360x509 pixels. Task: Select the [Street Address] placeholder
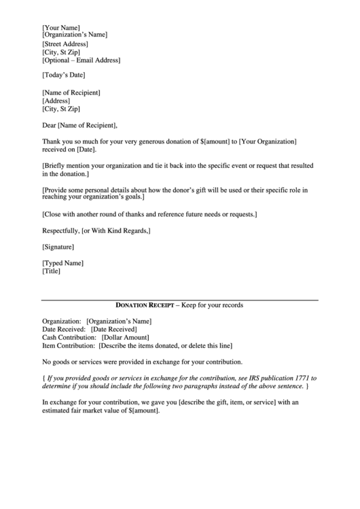point(65,43)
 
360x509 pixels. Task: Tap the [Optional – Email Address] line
point(81,60)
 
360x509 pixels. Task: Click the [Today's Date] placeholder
point(64,75)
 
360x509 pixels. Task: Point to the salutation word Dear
point(49,124)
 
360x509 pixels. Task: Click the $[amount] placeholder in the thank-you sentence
point(214,141)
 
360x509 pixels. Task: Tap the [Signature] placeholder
point(58,247)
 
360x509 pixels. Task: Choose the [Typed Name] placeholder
point(63,262)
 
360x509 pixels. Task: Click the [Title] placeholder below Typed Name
point(52,271)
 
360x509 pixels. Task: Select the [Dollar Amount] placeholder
point(125,337)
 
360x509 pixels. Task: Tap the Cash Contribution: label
point(69,337)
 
